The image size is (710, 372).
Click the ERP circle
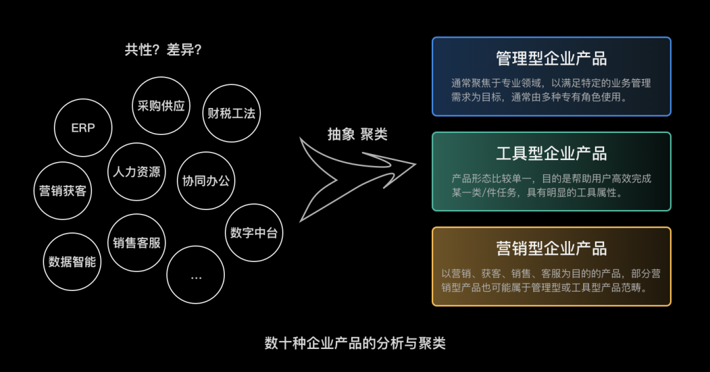[83, 128]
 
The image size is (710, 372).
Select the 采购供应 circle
[161, 105]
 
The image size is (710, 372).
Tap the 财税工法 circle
[231, 113]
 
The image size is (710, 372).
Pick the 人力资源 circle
[137, 172]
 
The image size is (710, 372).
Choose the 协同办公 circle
[206, 180]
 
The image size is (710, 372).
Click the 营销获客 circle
[62, 191]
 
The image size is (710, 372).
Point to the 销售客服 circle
[137, 242]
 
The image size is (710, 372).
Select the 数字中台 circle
[254, 232]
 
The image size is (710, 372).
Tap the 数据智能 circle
[72, 261]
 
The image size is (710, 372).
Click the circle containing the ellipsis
[196, 275]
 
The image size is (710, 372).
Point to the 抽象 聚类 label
[358, 134]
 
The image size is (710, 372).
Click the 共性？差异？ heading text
[163, 50]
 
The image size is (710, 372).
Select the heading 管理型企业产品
[551, 58]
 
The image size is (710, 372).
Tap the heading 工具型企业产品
[551, 153]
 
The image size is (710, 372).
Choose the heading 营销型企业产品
[551, 248]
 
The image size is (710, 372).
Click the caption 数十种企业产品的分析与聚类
[355, 343]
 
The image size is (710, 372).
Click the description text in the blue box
[551, 90]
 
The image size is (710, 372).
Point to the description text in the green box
[551, 186]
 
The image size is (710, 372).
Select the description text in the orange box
[551, 280]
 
